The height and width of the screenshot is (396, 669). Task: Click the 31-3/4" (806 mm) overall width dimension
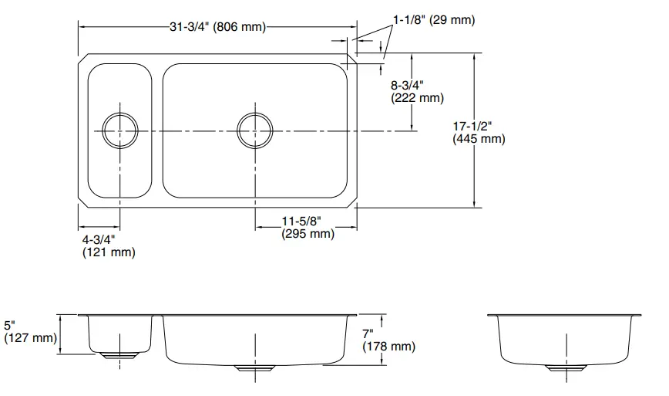(217, 27)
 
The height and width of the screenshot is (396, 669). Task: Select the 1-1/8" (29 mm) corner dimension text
(434, 20)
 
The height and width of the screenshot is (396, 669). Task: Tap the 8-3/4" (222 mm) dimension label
(418, 91)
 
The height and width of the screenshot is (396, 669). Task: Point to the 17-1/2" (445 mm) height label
(478, 132)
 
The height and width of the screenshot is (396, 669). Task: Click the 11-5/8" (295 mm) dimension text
(308, 228)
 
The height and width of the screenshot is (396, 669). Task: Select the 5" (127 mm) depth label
(29, 331)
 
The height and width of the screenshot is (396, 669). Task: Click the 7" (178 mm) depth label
(389, 340)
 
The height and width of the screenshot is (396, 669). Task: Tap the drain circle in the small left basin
(121, 131)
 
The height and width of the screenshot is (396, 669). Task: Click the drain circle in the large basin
(256, 131)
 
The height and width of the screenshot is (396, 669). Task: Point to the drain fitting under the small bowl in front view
(119, 355)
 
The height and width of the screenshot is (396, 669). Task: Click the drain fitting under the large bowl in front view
(255, 368)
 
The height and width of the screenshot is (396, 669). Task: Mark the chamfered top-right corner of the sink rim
(351, 59)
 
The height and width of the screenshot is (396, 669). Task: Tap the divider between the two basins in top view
(157, 131)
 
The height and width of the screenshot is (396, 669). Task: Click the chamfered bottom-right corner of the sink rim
(351, 203)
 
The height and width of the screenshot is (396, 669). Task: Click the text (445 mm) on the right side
(478, 139)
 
